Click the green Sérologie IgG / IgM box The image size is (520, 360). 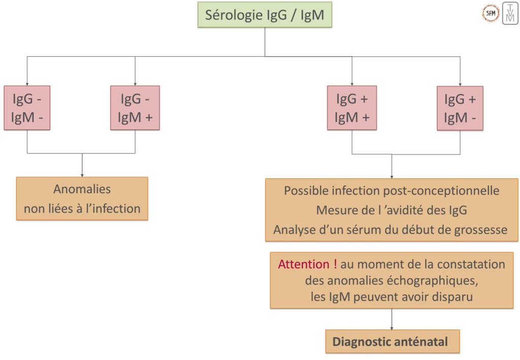pyautogui.click(x=265, y=15)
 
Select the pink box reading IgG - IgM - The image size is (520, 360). pyautogui.click(x=27, y=108)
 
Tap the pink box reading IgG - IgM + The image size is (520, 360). pyautogui.click(x=135, y=108)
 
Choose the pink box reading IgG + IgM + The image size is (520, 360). pyautogui.click(x=352, y=108)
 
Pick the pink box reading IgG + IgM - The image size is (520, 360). pyautogui.click(x=460, y=108)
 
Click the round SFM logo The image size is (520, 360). pyautogui.click(x=490, y=14)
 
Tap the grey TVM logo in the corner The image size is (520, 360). pyautogui.click(x=510, y=14)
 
